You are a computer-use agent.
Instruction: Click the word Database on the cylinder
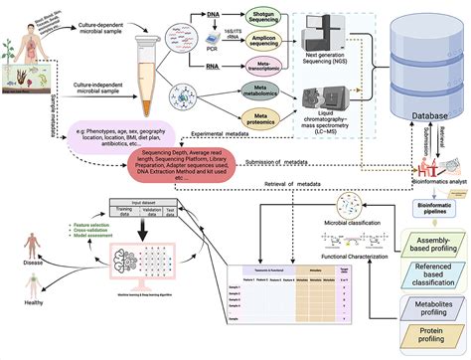tap(418, 118)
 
